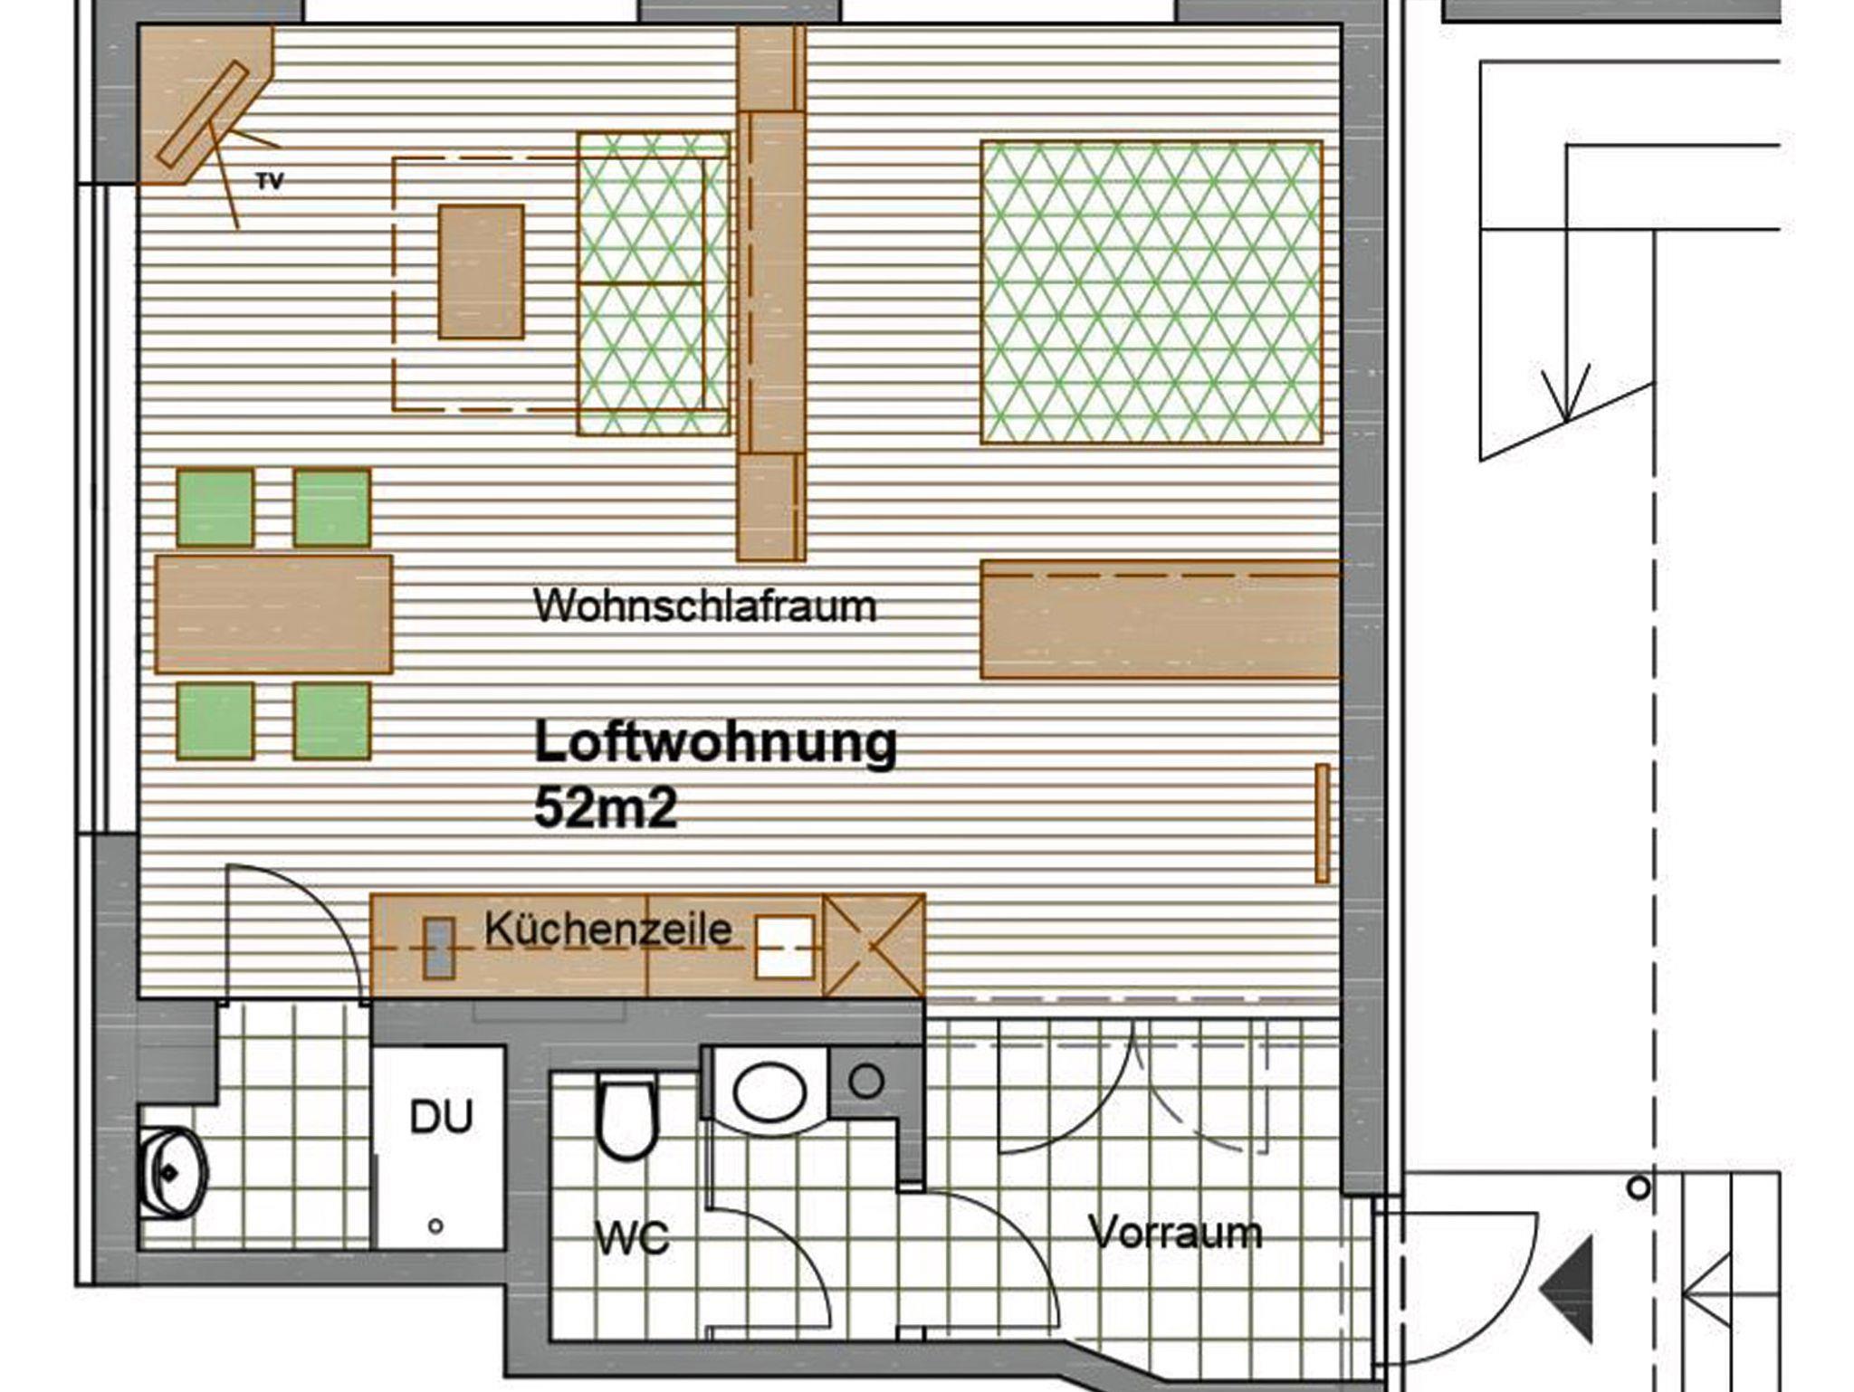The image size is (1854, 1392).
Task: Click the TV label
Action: coord(270,181)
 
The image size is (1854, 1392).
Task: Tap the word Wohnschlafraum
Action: coord(705,605)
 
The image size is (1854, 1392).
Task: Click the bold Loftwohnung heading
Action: coord(715,744)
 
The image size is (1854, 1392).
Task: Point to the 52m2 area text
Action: coord(606,807)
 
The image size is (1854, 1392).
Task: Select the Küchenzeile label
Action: coord(608,929)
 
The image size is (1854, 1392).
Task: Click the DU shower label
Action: coord(441,1117)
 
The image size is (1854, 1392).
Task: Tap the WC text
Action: coord(633,1236)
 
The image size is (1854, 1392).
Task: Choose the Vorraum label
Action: coord(1175,1232)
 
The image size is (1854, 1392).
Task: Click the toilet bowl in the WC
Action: coord(626,1119)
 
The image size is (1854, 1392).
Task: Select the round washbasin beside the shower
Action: coord(172,1173)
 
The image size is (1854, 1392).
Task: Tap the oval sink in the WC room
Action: coord(769,1092)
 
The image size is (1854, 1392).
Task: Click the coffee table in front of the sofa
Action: coord(481,272)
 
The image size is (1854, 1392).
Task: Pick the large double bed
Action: coord(1152,292)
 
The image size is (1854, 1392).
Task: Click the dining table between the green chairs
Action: coord(273,615)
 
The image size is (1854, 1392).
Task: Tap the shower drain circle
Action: coord(435,1226)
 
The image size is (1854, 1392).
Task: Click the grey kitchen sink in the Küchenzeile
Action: coord(440,948)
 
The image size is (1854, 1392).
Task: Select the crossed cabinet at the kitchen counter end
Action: coord(874,946)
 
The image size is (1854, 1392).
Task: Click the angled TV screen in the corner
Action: coord(202,114)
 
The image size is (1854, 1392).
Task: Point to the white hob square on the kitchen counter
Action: coord(785,947)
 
